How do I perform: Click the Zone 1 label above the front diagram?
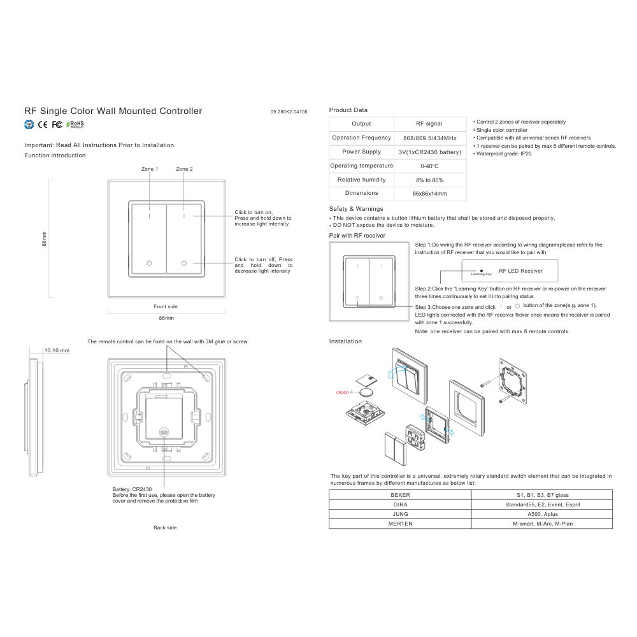click(x=150, y=169)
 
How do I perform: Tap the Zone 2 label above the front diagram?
click(x=185, y=169)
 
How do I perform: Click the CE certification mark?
click(x=43, y=125)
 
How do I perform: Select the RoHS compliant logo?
click(x=75, y=124)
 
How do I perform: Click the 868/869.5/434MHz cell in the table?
click(x=430, y=138)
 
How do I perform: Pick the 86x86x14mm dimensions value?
click(x=430, y=194)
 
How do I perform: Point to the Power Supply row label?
click(x=362, y=152)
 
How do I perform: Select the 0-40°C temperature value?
click(x=430, y=166)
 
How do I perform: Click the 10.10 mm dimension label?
click(x=57, y=350)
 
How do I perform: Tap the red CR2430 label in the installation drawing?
click(x=343, y=392)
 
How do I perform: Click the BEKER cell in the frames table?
click(x=400, y=495)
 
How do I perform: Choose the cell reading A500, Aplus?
click(x=543, y=514)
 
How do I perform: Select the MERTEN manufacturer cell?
click(x=400, y=524)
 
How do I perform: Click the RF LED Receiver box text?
click(x=521, y=271)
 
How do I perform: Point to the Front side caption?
click(x=166, y=307)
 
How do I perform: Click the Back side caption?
click(x=165, y=527)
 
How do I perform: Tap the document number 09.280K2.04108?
click(x=289, y=111)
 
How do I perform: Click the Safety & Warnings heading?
click(x=356, y=209)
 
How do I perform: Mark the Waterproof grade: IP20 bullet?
click(x=502, y=154)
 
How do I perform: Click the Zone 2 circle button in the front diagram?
click(x=184, y=263)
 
